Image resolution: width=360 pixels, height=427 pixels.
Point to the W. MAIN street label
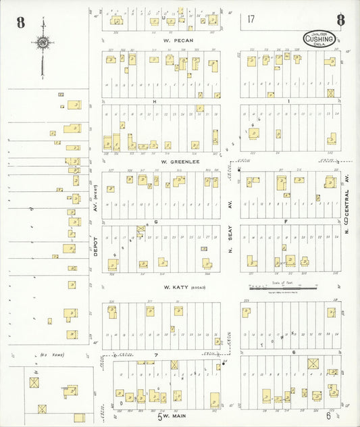pyautogui.click(x=174, y=416)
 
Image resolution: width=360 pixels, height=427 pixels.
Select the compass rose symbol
pyautogui.click(x=43, y=44)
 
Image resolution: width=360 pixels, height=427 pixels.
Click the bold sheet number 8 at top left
pyautogui.click(x=21, y=22)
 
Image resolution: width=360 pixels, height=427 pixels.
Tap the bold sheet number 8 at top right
pyautogui.click(x=340, y=20)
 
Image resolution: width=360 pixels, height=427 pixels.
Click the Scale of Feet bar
pyautogui.click(x=284, y=289)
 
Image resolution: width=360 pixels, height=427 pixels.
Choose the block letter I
pyautogui.click(x=289, y=101)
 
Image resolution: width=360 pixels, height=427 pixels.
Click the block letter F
pyautogui.click(x=286, y=222)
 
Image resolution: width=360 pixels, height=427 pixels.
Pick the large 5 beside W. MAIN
pyautogui.click(x=160, y=416)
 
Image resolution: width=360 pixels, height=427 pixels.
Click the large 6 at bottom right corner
pyautogui.click(x=328, y=416)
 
